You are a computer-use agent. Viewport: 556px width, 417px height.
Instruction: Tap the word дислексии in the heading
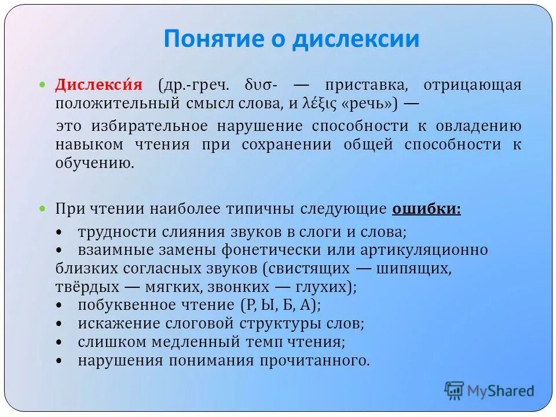coord(355,39)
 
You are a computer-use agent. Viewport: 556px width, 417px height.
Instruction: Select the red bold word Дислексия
coord(98,85)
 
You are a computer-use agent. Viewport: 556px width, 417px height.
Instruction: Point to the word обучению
coord(95,163)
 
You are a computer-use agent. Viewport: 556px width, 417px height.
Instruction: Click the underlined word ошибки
coord(426,209)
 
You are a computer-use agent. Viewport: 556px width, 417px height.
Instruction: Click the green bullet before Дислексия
coord(42,85)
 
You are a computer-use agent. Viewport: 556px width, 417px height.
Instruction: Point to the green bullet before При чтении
coord(42,209)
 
